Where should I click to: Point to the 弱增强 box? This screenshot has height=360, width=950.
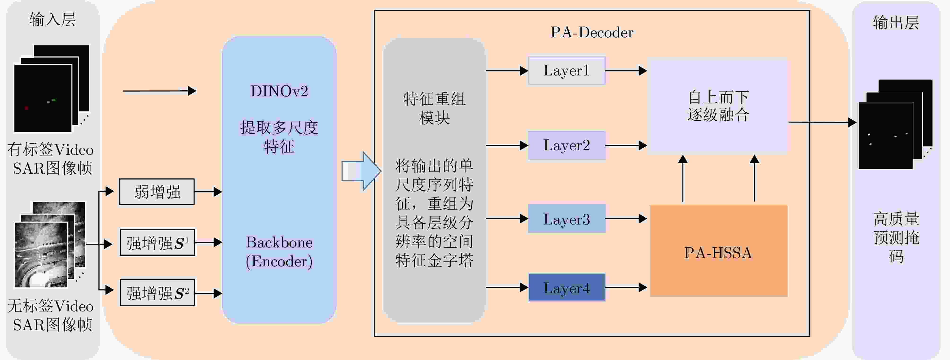(157, 192)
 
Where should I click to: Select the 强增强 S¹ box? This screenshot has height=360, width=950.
(158, 242)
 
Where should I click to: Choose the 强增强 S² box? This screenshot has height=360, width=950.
(158, 293)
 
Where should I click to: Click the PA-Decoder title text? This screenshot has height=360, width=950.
(592, 32)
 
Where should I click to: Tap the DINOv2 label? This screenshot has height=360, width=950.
(279, 91)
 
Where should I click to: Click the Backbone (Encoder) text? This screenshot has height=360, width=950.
(279, 252)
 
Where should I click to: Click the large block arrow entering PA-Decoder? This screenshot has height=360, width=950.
(361, 171)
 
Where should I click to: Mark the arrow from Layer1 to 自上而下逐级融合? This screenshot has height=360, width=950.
(626, 70)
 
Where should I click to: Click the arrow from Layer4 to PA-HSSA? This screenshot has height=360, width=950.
(626, 287)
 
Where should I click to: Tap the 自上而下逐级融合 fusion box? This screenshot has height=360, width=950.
(718, 106)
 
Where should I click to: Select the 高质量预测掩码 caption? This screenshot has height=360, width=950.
(896, 237)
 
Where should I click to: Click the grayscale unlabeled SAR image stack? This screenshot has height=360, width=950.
(50, 244)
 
